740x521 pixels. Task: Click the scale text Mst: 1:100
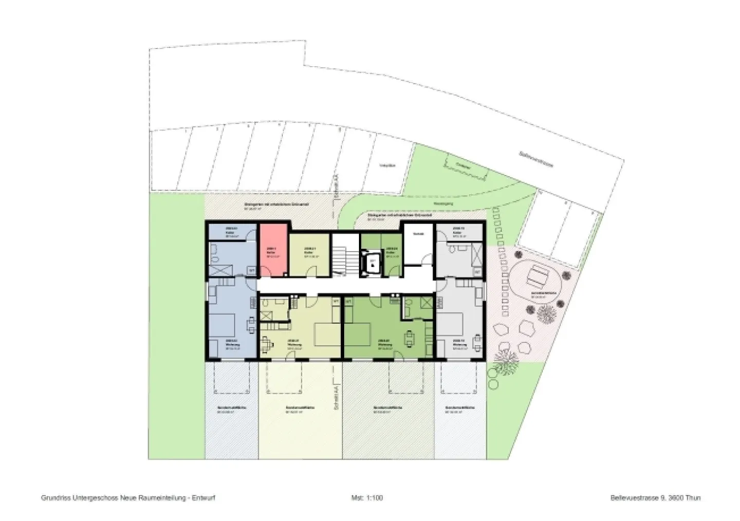[367, 498]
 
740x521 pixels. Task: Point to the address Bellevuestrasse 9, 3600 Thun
[655, 498]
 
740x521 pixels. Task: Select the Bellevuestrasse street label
[535, 159]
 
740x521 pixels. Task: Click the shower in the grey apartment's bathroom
[477, 254]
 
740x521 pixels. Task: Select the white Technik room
[418, 244]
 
